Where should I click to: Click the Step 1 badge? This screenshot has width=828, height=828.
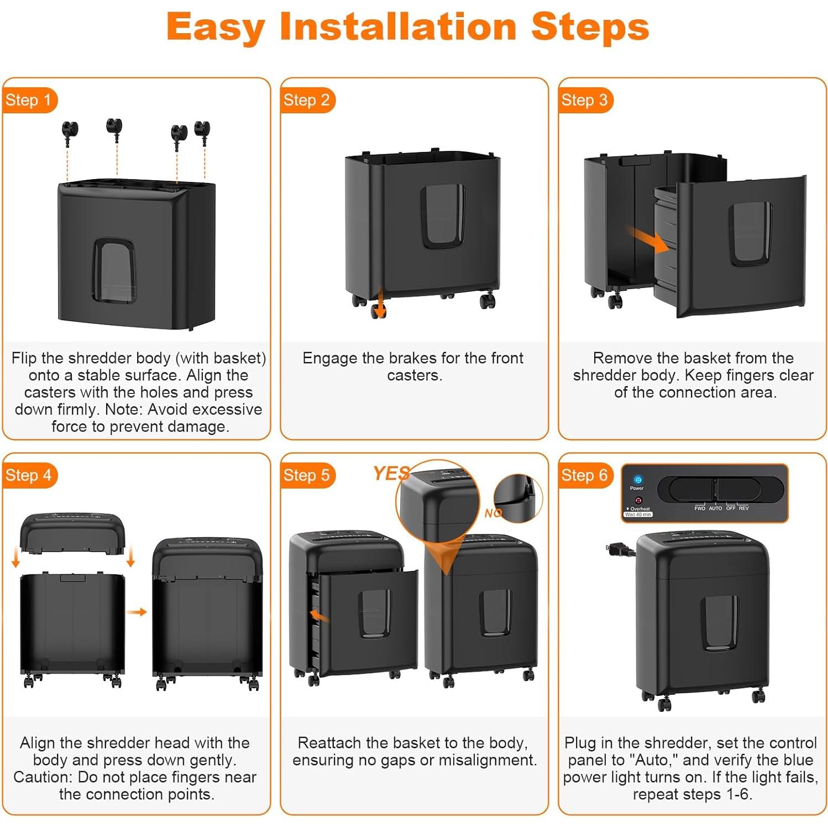pos(29,100)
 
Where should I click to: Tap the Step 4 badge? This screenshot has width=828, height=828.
pos(29,475)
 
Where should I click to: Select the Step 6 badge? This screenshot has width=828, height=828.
pos(585,475)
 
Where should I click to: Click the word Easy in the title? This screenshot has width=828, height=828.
pos(216,28)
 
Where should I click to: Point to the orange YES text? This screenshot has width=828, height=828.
pos(391,473)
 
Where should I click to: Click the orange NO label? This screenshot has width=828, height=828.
pos(493,513)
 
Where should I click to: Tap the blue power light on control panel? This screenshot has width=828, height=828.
pos(638,480)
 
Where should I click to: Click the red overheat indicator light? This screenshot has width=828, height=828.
pos(638,500)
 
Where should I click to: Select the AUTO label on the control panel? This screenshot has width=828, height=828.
pos(715,508)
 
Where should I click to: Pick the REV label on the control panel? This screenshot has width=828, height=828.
pos(743,508)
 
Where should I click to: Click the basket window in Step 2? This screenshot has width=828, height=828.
pos(442,216)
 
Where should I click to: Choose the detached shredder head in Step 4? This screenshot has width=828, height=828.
pos(72,533)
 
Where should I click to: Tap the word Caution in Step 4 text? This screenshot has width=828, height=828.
pos(43,777)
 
